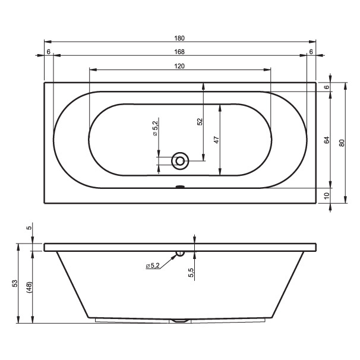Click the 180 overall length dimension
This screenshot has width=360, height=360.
179,38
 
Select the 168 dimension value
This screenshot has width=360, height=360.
179,52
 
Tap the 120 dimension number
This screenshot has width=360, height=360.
179,66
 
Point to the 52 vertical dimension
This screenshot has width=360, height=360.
200,121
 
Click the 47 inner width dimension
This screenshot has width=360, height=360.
217,140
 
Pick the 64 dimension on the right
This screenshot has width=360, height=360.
327,140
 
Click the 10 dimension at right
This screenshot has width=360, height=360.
327,195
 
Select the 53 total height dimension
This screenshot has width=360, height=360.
15,283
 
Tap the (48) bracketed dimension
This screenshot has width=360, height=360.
30,287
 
